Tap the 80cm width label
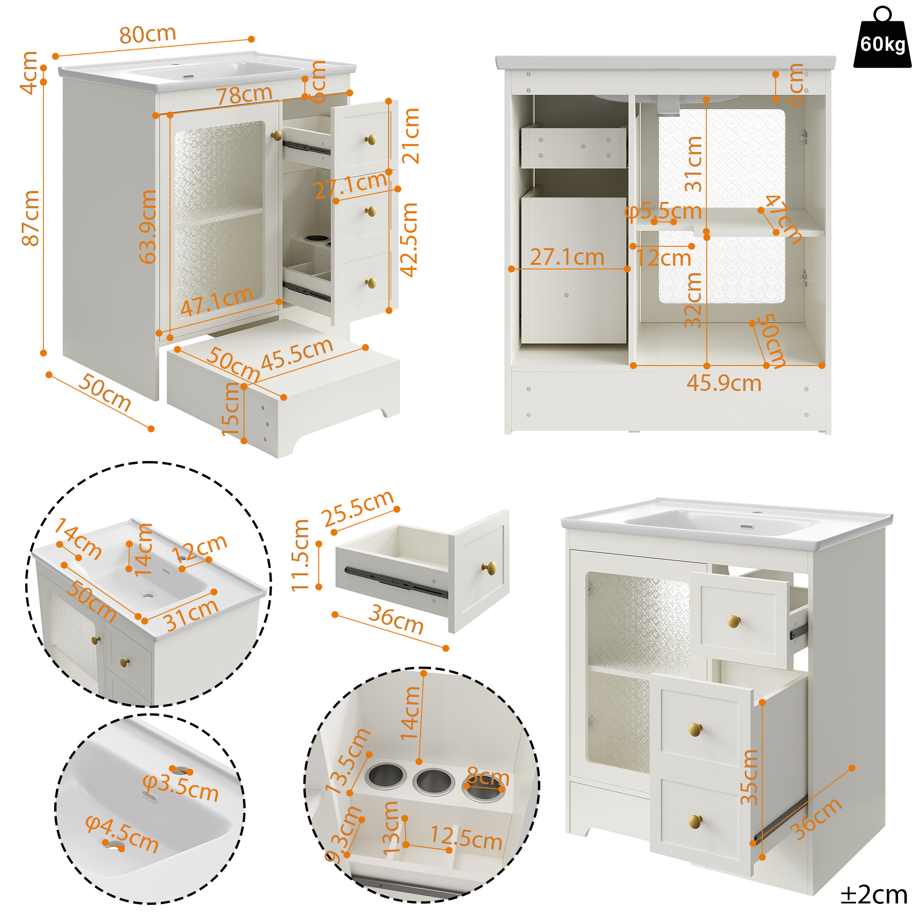[x=148, y=34]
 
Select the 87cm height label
[x=30, y=218]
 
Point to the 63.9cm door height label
[x=148, y=226]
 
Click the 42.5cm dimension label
[x=408, y=240]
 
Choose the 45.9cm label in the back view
[x=723, y=383]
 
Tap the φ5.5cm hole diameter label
[x=663, y=211]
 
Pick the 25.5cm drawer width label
[x=358, y=508]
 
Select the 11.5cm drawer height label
[x=300, y=555]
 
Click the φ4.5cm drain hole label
[x=122, y=834]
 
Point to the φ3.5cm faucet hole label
[x=181, y=787]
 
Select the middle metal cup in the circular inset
[x=433, y=781]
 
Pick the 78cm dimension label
[x=244, y=95]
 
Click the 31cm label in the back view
[x=693, y=164]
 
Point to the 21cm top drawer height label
[x=411, y=136]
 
